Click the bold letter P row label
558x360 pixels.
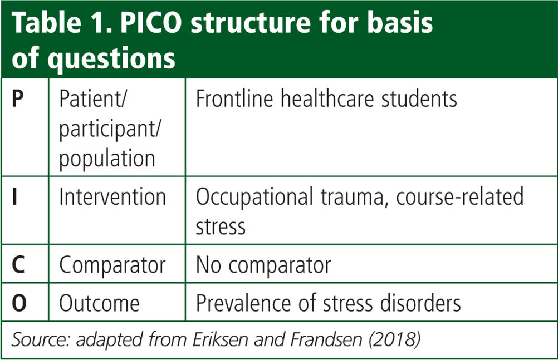click(18, 98)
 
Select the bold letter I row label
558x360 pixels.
click(14, 197)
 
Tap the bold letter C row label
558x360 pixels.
click(18, 265)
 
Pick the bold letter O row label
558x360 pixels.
click(19, 303)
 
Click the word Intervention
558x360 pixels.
click(112, 197)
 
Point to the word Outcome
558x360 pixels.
click(99, 303)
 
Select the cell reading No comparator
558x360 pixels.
click(263, 265)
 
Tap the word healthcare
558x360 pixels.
click(327, 98)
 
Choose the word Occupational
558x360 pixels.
click(254, 197)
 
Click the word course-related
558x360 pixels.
click(460, 197)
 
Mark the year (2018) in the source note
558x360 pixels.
click(395, 339)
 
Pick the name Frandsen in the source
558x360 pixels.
click(326, 339)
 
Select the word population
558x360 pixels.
click(107, 159)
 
